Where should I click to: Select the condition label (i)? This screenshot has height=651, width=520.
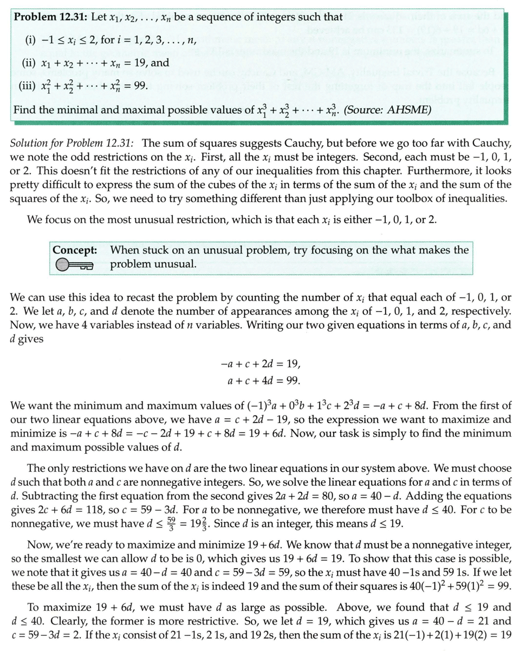point(31,39)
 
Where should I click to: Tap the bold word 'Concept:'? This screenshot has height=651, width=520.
point(75,250)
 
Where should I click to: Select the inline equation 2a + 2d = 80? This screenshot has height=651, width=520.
point(335,497)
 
